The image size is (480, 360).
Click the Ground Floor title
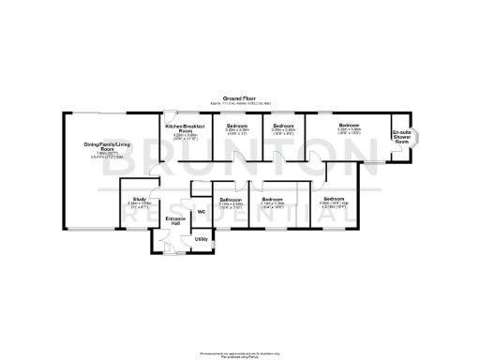pos(240,97)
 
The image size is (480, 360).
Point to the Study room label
pos(138,199)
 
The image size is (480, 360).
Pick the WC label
pos(201,211)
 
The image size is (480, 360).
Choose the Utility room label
pos(201,239)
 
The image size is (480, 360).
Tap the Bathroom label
pos(231,199)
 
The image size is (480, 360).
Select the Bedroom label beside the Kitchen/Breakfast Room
pos(236,125)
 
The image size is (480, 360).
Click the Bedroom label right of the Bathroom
pos(274,199)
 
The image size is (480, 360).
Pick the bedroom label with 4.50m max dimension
pos(334,199)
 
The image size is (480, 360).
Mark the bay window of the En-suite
pos(417,138)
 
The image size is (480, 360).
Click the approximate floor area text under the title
pos(240,103)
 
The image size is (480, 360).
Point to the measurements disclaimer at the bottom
pos(240,353)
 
